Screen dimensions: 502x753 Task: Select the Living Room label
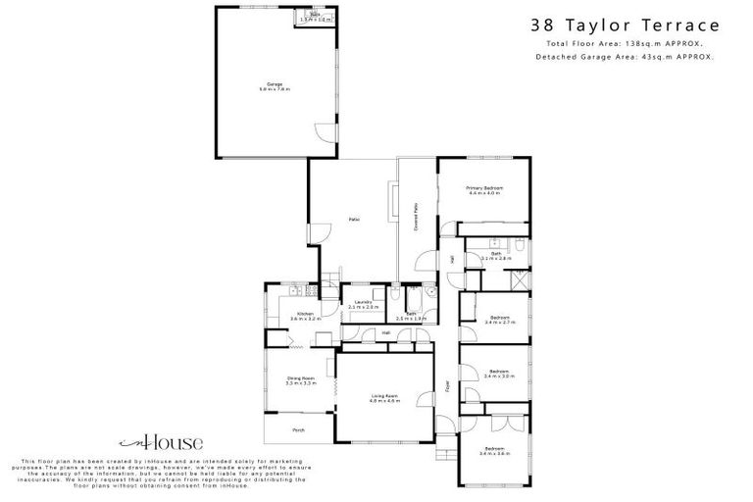pyautogui.click(x=384, y=395)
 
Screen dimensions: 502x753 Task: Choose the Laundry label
pyautogui.click(x=363, y=302)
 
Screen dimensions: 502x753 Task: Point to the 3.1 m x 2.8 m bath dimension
pyautogui.click(x=496, y=259)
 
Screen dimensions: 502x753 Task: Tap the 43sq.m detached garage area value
pyautogui.click(x=670, y=57)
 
